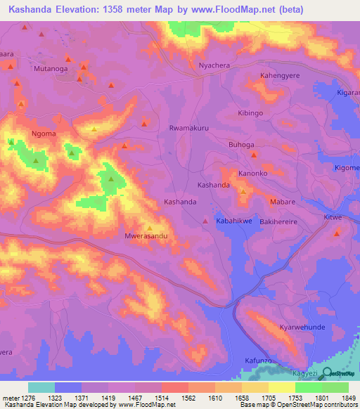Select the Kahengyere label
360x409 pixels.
(281, 75)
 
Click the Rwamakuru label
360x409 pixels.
(189, 129)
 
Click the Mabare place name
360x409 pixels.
(283, 202)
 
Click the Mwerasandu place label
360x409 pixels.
(146, 237)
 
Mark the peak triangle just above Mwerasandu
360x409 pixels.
(150, 228)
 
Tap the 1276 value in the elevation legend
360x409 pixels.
(27, 399)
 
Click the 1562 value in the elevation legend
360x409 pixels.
(188, 399)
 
